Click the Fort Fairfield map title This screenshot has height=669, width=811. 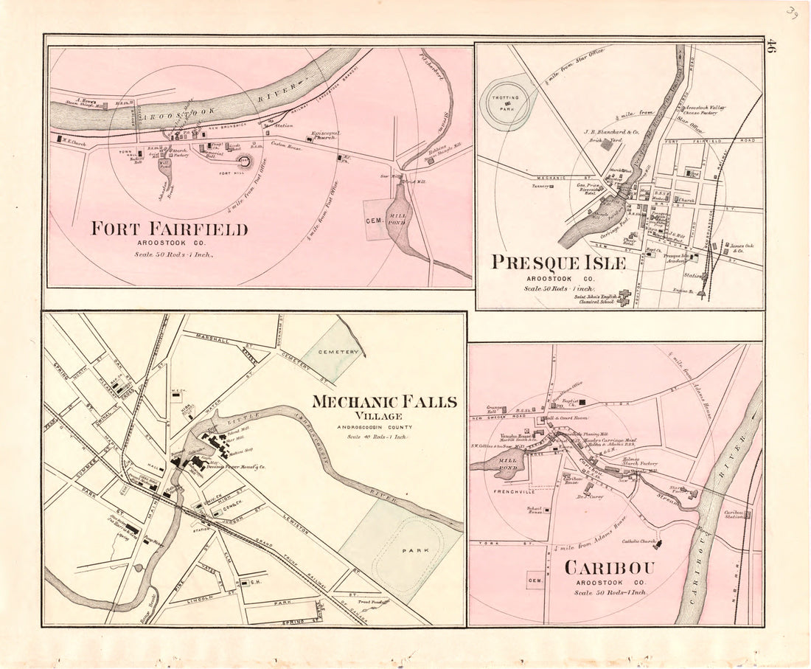pos(169,229)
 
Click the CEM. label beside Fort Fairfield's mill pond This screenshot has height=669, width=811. pos(374,220)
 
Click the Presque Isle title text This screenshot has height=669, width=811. pos(559,263)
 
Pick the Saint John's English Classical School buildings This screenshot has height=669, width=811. pos(624,297)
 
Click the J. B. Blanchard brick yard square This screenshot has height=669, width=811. pos(606,145)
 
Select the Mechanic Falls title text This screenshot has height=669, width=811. pos(383,403)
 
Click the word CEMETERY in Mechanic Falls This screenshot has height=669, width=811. pos(339,353)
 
